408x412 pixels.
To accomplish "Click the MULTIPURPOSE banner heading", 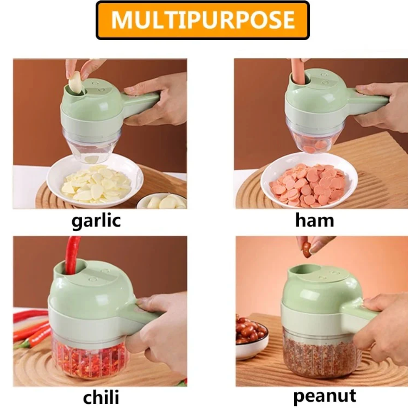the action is [203, 20].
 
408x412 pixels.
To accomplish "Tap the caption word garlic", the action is [96, 221].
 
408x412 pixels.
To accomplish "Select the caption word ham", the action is [314, 220].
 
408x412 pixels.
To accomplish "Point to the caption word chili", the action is [101, 397].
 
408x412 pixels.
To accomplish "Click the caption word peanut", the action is [324, 396].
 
